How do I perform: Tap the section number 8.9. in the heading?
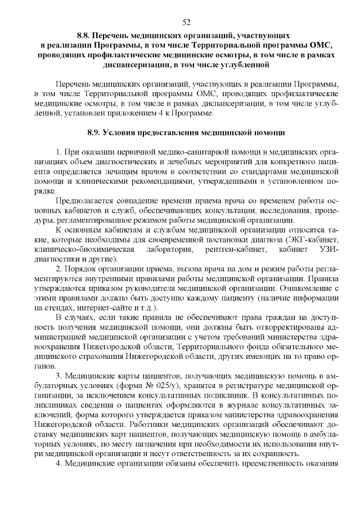96,133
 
